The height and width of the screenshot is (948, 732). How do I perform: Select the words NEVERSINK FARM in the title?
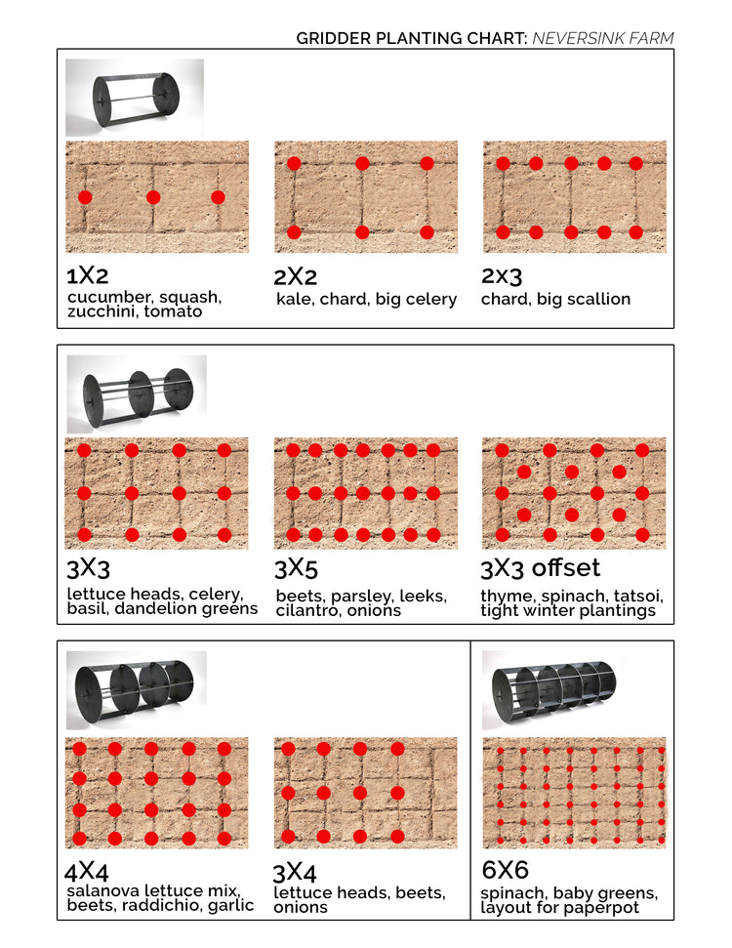point(602,39)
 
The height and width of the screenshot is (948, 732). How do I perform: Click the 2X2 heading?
point(297,276)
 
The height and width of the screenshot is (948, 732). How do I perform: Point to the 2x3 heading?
point(502,276)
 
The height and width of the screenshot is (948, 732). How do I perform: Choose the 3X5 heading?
point(297,569)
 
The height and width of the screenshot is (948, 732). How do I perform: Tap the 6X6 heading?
point(505,870)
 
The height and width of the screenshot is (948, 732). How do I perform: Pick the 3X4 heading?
point(295,871)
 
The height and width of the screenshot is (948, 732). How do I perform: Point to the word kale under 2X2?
point(293,299)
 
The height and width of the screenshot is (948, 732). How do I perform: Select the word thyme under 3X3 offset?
point(504,596)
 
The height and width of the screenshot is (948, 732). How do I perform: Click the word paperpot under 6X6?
point(607,908)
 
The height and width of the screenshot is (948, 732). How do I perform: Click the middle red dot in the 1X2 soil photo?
point(153,197)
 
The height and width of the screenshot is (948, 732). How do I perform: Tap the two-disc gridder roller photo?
point(135,97)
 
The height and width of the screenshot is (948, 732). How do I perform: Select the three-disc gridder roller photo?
point(137,392)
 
